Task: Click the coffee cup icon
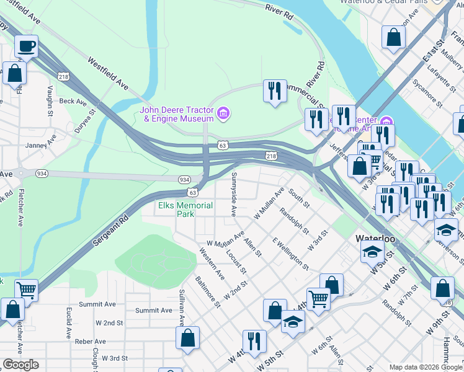click(x=26, y=46)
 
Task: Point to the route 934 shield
click(x=184, y=179)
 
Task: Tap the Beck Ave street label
click(x=73, y=101)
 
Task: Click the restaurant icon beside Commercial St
click(x=274, y=91)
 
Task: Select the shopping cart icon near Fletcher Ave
click(x=26, y=290)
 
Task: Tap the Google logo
click(x=20, y=365)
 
